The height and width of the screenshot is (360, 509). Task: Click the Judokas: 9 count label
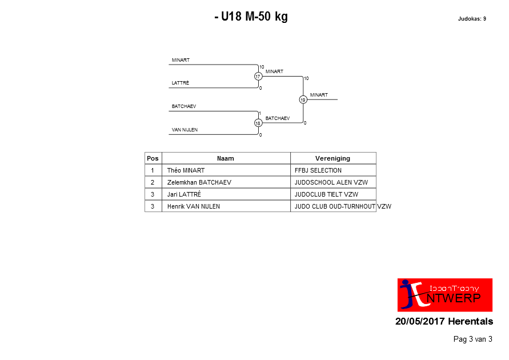pos(472,19)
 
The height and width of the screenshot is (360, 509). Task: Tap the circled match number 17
pos(258,77)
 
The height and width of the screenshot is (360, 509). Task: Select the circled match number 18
pos(258,123)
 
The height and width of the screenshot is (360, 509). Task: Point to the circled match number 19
pos(303,99)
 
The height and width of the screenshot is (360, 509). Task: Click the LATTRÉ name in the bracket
pos(181,83)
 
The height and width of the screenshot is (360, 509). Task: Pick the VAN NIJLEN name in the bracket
pos(185,130)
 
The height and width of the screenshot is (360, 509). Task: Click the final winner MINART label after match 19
pos(319,95)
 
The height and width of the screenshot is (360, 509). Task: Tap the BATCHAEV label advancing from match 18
pos(278,118)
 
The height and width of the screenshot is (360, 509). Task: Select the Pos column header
pos(153,158)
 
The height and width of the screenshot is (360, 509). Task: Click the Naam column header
pos(226,158)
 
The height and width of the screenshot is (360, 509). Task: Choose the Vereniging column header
pos(332,158)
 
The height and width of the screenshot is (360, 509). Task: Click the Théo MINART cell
pos(186,170)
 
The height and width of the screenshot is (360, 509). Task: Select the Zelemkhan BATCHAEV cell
pos(199,182)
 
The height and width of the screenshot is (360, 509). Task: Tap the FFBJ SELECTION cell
pos(318,170)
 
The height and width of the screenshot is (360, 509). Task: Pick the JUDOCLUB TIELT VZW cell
pos(327,194)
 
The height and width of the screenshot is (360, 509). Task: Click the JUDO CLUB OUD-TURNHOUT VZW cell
pos(343,206)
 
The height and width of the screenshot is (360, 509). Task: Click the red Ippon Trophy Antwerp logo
pos(445,295)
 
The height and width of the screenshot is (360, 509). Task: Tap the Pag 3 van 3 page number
pos(473,339)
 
